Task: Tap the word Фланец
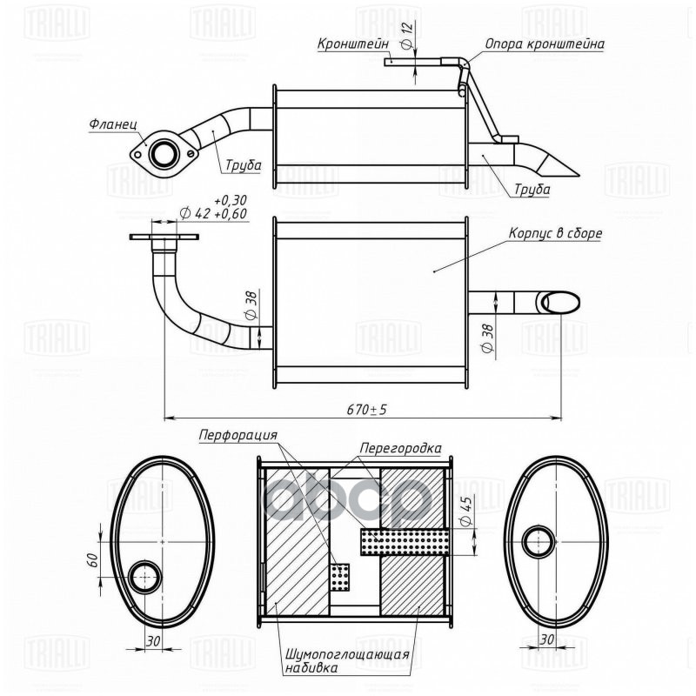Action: coord(112,124)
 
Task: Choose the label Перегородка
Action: coord(402,448)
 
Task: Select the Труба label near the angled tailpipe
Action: coord(532,189)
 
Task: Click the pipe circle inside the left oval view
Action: coord(144,576)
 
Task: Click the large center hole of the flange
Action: coord(162,155)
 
